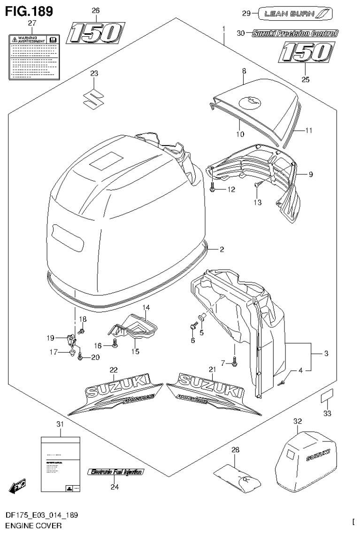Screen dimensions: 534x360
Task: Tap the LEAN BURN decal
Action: click(295, 14)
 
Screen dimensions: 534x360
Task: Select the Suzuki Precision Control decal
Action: click(295, 33)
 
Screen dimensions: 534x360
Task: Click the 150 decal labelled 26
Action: click(95, 33)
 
